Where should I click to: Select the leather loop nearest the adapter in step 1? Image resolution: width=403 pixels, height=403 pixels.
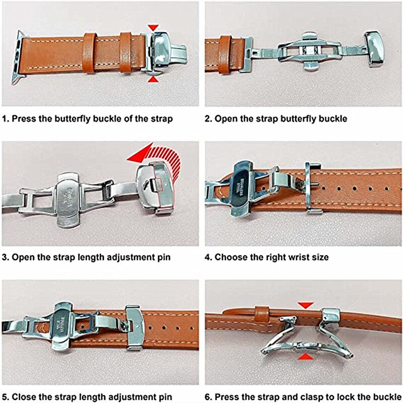(x=90, y=53)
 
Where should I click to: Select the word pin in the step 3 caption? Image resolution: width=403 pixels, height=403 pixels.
(x=164, y=257)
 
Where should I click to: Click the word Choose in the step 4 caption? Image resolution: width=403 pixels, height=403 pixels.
(x=230, y=257)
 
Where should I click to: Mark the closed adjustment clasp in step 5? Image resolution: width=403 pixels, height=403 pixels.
(x=135, y=327)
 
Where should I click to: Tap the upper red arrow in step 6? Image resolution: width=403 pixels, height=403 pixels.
(x=305, y=305)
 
